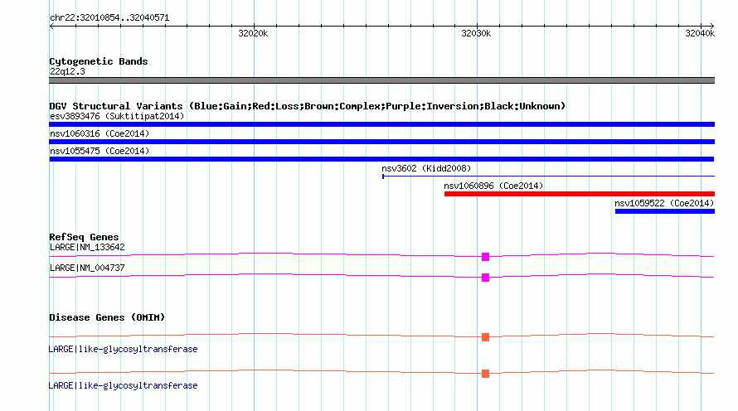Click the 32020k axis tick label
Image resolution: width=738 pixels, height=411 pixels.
(253, 33)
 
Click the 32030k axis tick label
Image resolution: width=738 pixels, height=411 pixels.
(476, 33)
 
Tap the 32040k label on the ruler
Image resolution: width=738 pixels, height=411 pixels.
(700, 33)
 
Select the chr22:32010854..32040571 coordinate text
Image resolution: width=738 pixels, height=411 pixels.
(109, 18)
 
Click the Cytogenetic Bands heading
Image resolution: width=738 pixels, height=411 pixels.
(99, 61)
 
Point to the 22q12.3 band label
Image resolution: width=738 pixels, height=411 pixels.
(67, 71)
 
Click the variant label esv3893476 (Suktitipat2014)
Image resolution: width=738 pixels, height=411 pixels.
(117, 116)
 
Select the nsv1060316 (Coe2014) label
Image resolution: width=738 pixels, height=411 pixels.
(100, 133)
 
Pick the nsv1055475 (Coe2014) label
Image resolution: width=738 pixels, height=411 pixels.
(100, 151)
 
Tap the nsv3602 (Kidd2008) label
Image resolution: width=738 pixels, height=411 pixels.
(426, 168)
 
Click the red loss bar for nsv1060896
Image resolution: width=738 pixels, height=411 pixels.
(580, 194)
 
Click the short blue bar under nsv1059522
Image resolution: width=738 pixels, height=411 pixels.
(664, 211)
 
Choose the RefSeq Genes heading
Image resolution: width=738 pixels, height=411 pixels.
(85, 237)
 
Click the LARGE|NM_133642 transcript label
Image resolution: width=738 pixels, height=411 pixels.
(87, 248)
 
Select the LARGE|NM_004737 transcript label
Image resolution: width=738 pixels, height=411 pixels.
(87, 268)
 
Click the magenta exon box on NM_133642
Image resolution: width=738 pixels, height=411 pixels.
(485, 257)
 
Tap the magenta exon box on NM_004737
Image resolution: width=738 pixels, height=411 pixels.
(485, 278)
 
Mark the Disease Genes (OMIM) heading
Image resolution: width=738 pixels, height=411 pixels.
(107, 317)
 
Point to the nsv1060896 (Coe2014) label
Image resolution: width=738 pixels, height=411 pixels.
(493, 186)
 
